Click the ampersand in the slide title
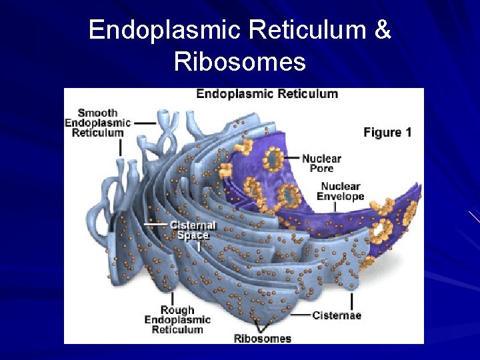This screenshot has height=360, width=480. [x=383, y=30]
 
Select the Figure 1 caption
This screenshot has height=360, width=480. [x=387, y=132]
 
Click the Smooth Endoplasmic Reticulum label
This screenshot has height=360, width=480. [x=97, y=123]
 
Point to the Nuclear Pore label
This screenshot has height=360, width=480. [x=321, y=163]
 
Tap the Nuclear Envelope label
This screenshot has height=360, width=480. [x=340, y=191]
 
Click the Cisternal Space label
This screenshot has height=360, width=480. [x=193, y=230]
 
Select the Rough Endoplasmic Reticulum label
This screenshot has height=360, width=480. [x=177, y=319]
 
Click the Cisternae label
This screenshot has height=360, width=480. [x=337, y=315]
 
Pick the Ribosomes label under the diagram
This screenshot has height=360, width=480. [x=263, y=338]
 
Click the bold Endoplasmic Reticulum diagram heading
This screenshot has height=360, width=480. [x=267, y=94]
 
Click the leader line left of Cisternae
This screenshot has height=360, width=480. [x=301, y=315]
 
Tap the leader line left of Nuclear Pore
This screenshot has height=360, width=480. [x=291, y=158]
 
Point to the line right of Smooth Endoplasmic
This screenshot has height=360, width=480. [x=144, y=123]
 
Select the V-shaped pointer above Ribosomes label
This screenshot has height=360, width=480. [x=262, y=327]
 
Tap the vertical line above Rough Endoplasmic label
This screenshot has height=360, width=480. [x=173, y=298]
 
